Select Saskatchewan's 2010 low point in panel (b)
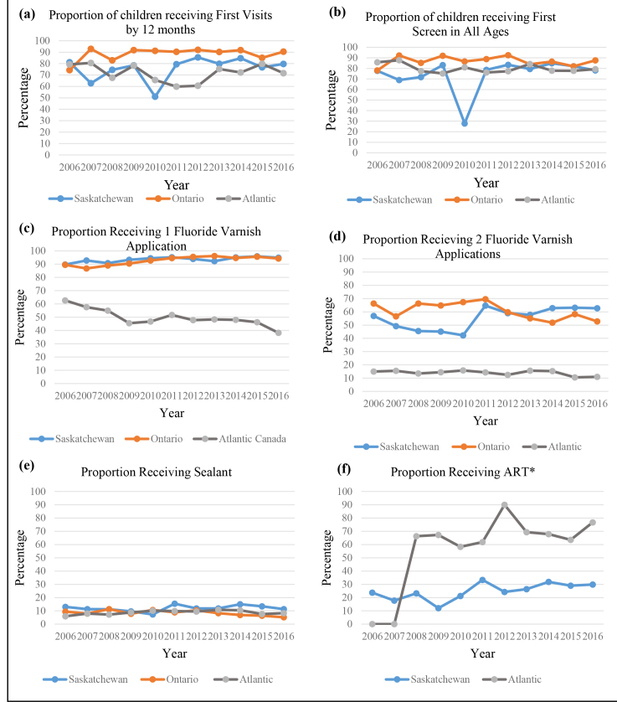(x=464, y=123)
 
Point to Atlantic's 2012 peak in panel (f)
(x=505, y=504)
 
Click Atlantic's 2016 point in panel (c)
(x=279, y=333)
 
